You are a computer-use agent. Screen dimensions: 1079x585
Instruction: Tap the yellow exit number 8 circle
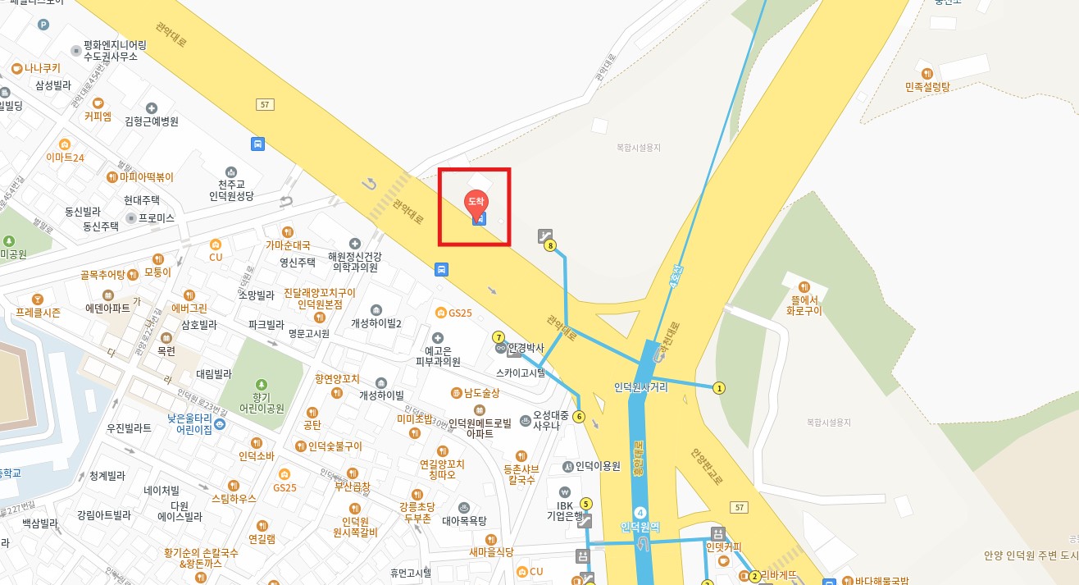coord(550,245)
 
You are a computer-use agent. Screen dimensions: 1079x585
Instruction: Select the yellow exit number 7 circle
coord(498,337)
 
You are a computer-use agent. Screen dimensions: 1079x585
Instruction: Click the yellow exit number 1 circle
coord(719,388)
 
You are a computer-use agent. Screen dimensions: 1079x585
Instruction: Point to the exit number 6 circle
coord(579,417)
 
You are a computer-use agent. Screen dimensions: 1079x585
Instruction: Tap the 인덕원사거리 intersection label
coord(640,387)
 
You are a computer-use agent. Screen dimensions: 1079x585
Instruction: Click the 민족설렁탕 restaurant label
coord(927,86)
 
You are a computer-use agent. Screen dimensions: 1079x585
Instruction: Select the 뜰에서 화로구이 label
coord(804,304)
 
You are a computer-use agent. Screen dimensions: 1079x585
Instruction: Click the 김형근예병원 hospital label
coord(152,121)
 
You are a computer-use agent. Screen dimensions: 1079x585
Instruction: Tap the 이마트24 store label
coord(65,157)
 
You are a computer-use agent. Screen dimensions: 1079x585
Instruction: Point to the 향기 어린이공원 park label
coord(262,401)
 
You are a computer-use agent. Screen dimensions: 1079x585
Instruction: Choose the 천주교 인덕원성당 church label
coord(231,190)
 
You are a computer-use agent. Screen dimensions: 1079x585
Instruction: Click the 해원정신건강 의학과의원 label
coord(354,261)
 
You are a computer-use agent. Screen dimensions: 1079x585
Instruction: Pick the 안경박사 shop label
coord(526,348)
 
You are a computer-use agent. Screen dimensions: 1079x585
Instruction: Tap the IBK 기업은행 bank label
coord(565,510)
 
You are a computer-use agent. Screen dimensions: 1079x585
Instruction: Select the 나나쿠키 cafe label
coord(43,68)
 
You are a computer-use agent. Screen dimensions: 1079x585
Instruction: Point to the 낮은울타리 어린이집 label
coord(189,423)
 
